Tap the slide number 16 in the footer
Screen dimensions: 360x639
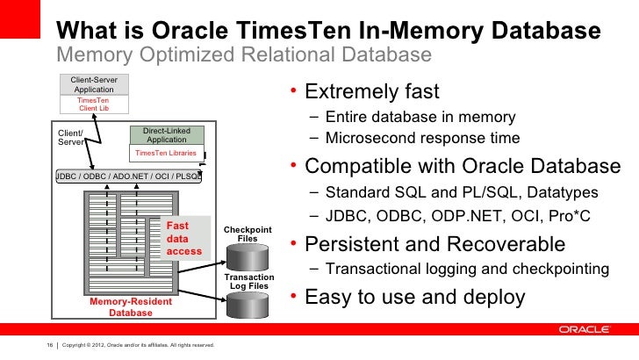[50, 345]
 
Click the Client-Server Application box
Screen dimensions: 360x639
[94, 84]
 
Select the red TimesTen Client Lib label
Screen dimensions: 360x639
[94, 104]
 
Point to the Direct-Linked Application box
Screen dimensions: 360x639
[166, 135]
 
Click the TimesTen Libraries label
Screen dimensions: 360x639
[165, 153]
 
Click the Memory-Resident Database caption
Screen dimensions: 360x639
[130, 306]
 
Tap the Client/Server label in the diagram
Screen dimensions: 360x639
[71, 137]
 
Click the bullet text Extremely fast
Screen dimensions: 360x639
[372, 92]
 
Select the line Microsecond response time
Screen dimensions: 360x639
[421, 138]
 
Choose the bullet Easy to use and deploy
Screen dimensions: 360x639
[414, 297]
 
